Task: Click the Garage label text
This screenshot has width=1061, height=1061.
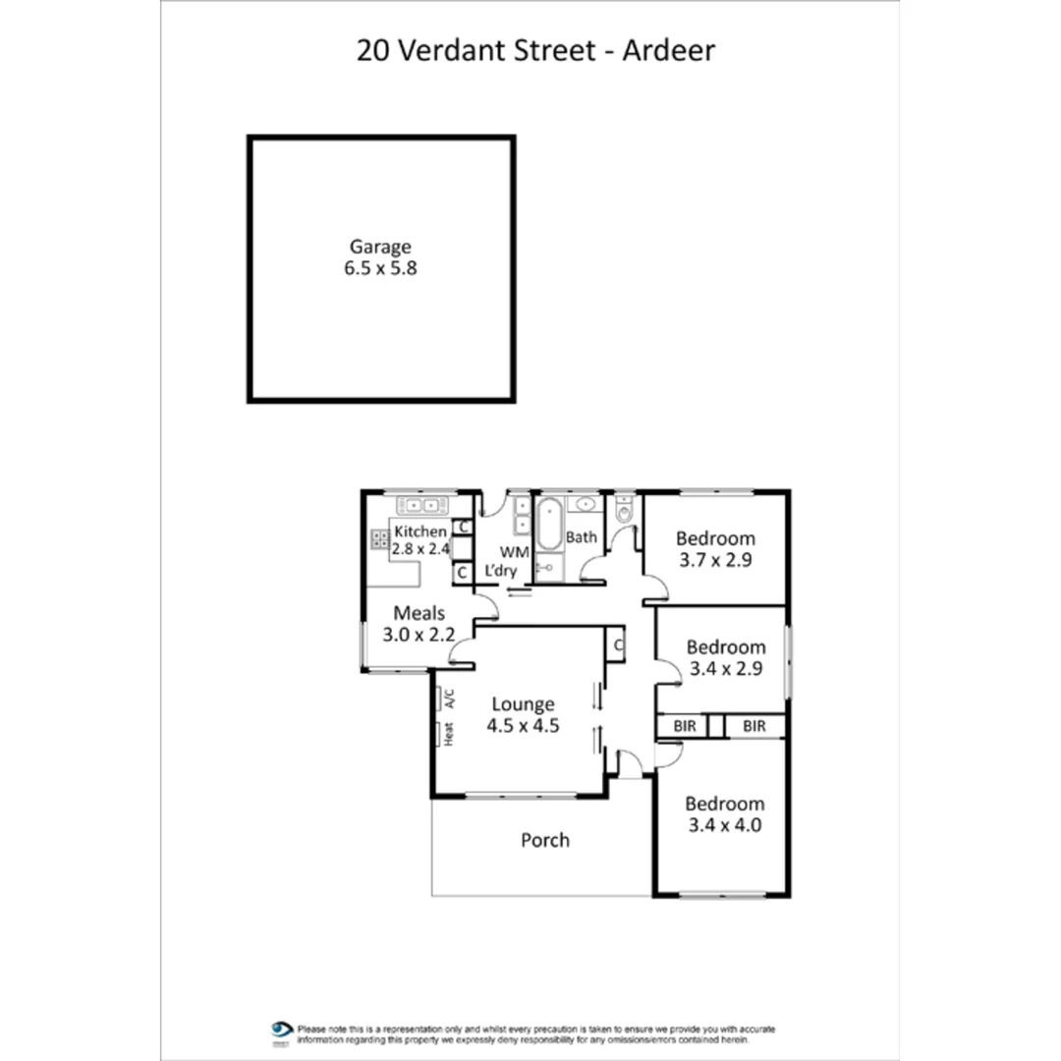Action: [380, 248]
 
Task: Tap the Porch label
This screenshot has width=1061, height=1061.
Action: [544, 840]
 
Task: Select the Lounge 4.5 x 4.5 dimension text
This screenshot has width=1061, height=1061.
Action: [523, 726]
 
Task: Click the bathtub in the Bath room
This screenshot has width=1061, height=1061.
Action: [548, 524]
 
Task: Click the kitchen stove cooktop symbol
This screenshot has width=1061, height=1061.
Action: [379, 538]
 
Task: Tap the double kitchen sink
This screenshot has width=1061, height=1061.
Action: [422, 505]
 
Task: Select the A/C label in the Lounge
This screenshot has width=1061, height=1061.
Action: [450, 698]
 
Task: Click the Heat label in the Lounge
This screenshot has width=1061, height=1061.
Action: [449, 733]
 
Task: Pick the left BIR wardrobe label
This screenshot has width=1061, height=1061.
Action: [685, 727]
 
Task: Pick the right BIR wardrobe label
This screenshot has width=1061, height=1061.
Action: [754, 727]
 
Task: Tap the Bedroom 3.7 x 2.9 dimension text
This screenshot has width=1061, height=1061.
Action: [715, 560]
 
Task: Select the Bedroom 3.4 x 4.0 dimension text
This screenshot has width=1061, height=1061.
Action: [724, 825]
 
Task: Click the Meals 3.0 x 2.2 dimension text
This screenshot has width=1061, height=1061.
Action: [419, 635]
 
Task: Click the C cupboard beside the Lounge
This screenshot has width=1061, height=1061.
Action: [617, 645]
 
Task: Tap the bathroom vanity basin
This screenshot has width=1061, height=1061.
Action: [586, 505]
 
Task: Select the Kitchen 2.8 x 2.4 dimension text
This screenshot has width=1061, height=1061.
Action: [420, 549]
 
